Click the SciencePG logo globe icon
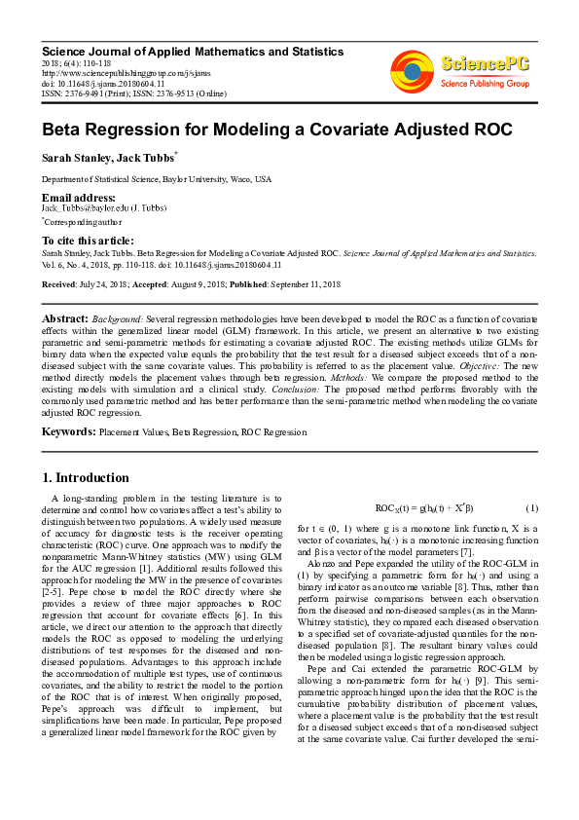click(x=412, y=69)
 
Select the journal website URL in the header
click(x=126, y=71)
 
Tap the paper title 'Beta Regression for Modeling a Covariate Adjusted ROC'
click(x=263, y=129)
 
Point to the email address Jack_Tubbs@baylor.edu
click(x=89, y=208)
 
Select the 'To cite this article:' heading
click(x=88, y=241)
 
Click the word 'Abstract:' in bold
click(x=65, y=319)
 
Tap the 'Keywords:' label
click(x=67, y=430)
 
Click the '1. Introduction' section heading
click(x=85, y=478)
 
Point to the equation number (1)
click(x=531, y=508)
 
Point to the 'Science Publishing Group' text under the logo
click(x=484, y=85)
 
